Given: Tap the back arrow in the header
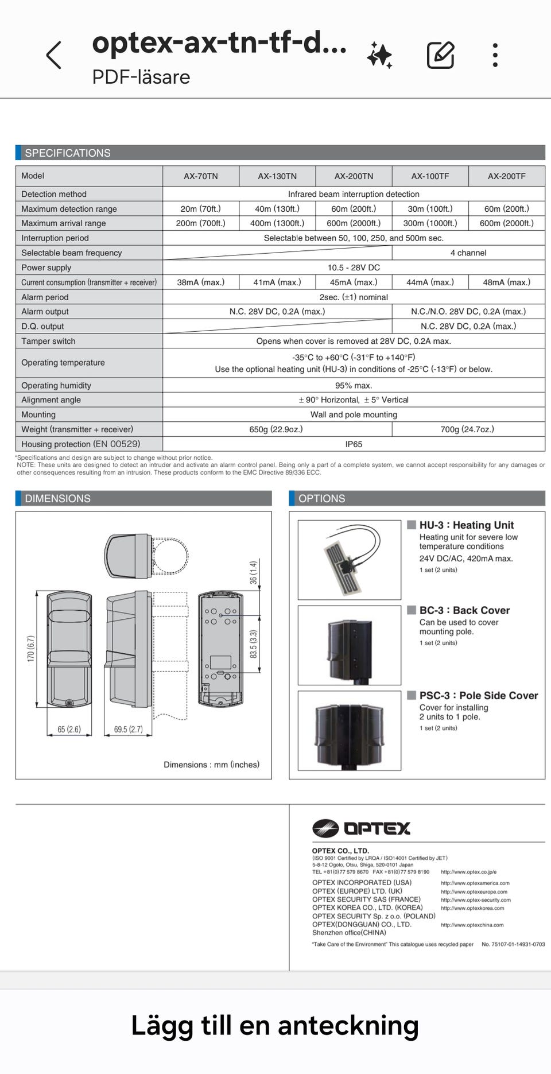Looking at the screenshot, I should tap(53, 56).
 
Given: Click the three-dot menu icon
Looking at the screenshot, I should tap(495, 56).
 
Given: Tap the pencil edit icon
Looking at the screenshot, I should tap(440, 56).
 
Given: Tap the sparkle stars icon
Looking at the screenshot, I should tap(379, 56).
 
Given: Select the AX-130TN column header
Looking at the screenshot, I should tap(277, 176).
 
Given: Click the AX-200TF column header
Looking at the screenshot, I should tap(506, 176).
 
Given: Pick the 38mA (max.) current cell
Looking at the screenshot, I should tap(200, 282).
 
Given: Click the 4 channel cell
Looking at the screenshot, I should tap(468, 253).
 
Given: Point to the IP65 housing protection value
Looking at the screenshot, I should tap(354, 444).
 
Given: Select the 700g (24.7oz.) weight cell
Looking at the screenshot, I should tap(467, 429).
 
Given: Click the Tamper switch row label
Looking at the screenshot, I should tap(48, 341).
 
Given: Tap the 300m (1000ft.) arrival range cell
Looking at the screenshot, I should tap(430, 223).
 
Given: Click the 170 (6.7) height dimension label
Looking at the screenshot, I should tap(31, 649).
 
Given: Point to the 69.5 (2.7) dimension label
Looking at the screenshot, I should tap(128, 730).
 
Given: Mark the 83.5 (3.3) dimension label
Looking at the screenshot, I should tap(253, 644).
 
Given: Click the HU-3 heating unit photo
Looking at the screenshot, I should tap(349, 560).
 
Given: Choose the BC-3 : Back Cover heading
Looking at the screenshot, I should tap(464, 610).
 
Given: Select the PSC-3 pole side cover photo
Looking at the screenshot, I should tap(349, 730).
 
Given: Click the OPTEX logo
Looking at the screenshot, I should tap(362, 828).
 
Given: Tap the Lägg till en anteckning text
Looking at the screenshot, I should tap(275, 1026).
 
